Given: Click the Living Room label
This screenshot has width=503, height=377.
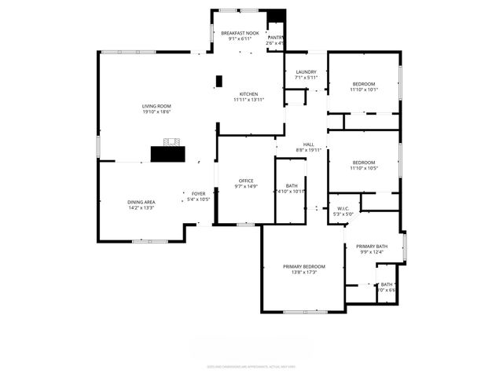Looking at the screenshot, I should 156,106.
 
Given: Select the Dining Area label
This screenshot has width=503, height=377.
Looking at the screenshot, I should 141,202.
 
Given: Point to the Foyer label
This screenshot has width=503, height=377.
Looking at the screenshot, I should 198,193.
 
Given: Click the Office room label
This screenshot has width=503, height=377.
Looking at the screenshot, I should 246,181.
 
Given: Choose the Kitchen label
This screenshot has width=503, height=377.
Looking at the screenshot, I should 248,94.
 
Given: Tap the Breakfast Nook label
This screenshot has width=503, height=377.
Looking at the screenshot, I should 239,33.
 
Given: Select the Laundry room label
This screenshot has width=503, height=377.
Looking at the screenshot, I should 306,71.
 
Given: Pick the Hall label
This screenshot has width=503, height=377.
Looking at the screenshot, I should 309,144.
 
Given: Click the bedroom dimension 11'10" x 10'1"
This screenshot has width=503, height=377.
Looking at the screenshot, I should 364,90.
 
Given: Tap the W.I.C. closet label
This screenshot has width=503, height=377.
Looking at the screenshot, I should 343,208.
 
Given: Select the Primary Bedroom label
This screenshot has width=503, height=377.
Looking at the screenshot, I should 303,266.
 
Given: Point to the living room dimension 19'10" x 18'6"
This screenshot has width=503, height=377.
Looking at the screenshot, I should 156,112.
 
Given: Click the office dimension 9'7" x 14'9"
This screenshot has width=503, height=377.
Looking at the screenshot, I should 246,187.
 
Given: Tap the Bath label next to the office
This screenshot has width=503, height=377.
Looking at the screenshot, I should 292,185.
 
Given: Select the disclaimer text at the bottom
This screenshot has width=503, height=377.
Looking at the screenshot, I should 251,366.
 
